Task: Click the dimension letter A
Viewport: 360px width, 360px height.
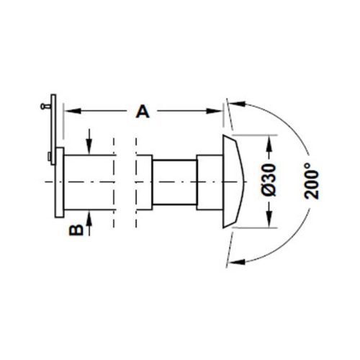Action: coord(143,112)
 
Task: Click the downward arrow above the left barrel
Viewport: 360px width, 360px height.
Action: coord(89,143)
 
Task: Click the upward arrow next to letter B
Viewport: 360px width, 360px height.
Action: coord(89,219)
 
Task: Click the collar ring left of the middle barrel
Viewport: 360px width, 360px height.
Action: coord(144,181)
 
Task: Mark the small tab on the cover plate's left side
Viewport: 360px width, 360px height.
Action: coord(48,156)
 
